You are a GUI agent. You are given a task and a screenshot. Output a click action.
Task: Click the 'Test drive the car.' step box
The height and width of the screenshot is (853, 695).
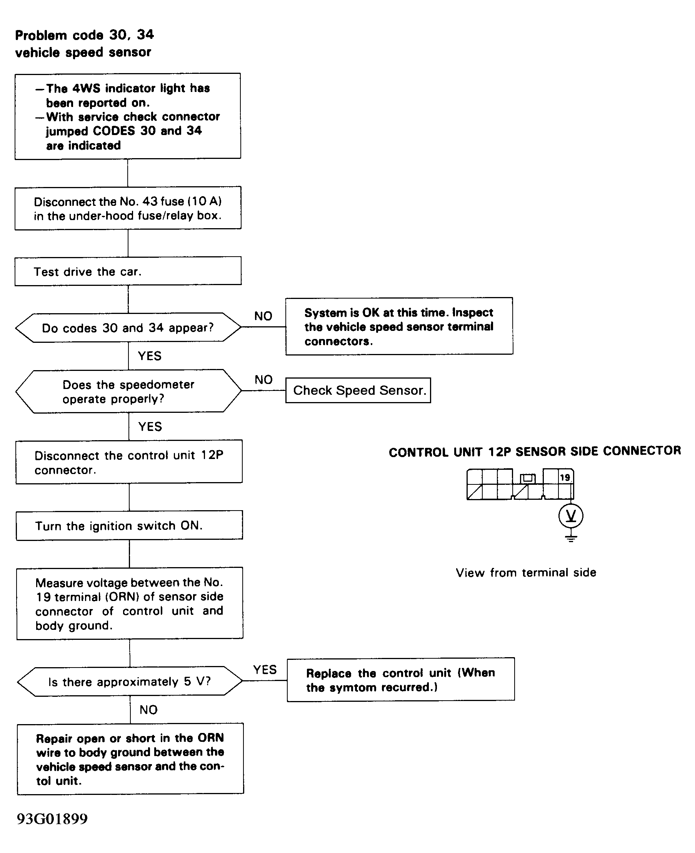128,271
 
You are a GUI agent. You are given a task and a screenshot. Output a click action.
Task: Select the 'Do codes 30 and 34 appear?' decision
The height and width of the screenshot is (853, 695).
128,327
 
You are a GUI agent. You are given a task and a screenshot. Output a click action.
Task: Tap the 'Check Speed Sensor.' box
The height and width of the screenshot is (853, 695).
358,390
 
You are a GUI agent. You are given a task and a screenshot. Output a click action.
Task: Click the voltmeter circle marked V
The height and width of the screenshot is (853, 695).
571,516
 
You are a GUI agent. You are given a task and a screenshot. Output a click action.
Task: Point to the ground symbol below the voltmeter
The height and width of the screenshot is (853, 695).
571,538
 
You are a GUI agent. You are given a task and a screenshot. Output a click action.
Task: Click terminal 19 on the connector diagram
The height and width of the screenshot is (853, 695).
565,477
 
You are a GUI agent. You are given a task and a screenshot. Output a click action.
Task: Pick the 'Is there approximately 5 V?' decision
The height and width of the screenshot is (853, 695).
130,681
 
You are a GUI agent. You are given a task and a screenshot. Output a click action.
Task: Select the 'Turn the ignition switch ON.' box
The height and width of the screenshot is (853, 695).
129,526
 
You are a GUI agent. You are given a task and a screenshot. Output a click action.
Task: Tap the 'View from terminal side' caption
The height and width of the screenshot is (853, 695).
526,573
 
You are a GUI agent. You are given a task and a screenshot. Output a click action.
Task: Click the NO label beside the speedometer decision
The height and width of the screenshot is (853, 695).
263,380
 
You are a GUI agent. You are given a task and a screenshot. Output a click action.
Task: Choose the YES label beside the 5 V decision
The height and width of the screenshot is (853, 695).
265,669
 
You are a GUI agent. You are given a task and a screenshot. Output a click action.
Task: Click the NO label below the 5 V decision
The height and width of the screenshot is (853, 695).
148,709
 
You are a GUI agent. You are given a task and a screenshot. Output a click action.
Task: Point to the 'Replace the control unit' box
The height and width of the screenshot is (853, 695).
401,679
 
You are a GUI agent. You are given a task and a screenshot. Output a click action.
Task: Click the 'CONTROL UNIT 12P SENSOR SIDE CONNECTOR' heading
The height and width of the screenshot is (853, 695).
535,452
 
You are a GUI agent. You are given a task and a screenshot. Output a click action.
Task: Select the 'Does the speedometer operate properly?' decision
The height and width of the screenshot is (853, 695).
128,391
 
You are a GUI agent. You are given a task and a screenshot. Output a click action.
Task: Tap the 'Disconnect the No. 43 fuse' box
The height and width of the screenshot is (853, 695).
128,208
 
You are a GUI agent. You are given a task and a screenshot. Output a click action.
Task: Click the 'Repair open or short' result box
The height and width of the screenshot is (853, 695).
130,759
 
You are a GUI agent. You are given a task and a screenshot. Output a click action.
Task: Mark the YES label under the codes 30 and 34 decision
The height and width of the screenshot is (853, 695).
150,356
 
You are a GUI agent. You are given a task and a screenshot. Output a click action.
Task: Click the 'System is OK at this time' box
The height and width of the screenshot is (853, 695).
399,326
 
